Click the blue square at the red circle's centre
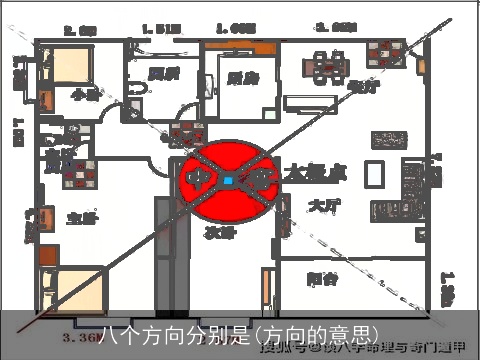click(x=229, y=181)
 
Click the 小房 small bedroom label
click(x=85, y=94)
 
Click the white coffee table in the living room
click(x=374, y=175)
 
